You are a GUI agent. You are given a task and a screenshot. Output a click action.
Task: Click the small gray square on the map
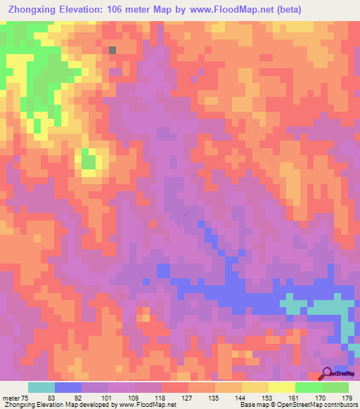(x=112, y=49)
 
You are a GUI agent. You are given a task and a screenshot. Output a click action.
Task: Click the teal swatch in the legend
(x=41, y=387)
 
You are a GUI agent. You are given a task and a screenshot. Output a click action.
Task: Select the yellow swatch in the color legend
(x=282, y=387)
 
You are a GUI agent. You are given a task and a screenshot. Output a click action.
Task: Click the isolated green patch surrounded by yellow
(x=88, y=161)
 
